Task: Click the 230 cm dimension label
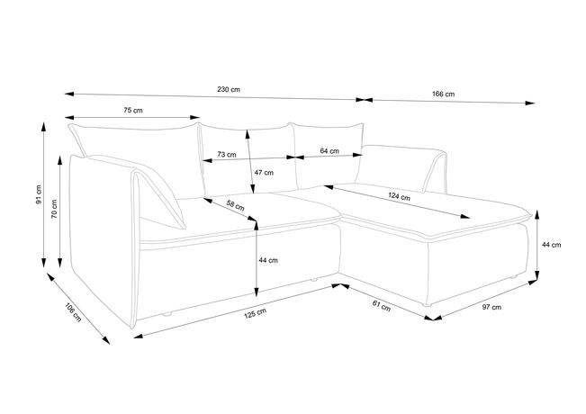(x=229, y=90)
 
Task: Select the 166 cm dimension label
(x=443, y=94)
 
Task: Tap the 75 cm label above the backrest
(x=133, y=110)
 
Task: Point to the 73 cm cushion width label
(x=227, y=154)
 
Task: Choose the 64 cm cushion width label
(x=329, y=151)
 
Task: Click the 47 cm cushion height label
(x=264, y=173)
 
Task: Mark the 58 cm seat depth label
(x=236, y=205)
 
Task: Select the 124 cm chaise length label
(x=399, y=196)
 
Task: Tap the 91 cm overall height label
(x=39, y=194)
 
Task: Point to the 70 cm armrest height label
(x=55, y=209)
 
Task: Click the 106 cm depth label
(x=73, y=312)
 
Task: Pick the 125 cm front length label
(x=256, y=313)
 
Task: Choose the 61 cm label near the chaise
(x=381, y=306)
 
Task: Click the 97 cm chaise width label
(x=491, y=307)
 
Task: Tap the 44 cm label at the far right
(x=551, y=245)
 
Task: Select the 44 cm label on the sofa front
(x=268, y=260)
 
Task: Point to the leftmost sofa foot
(x=167, y=314)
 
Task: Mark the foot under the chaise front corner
(x=427, y=304)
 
